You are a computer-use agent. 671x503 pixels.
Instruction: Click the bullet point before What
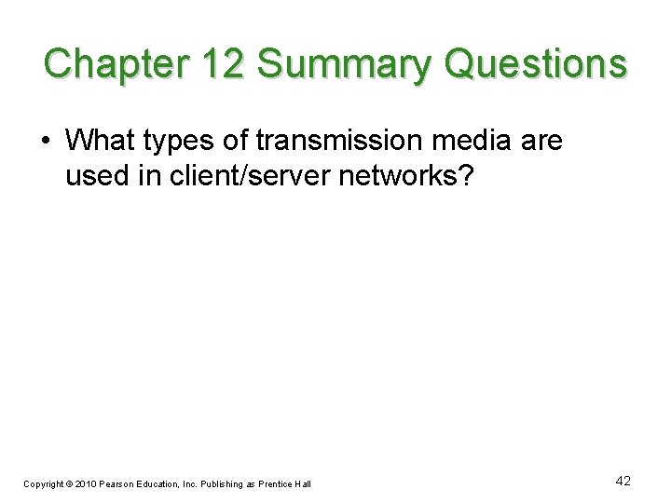[46, 141]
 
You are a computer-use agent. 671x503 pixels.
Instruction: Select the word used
[97, 175]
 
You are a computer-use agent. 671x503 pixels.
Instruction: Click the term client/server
[243, 175]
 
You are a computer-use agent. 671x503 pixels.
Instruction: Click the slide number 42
[623, 481]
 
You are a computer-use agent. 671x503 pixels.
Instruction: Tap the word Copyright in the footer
[44, 483]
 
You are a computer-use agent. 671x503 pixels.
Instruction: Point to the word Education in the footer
[168, 483]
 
